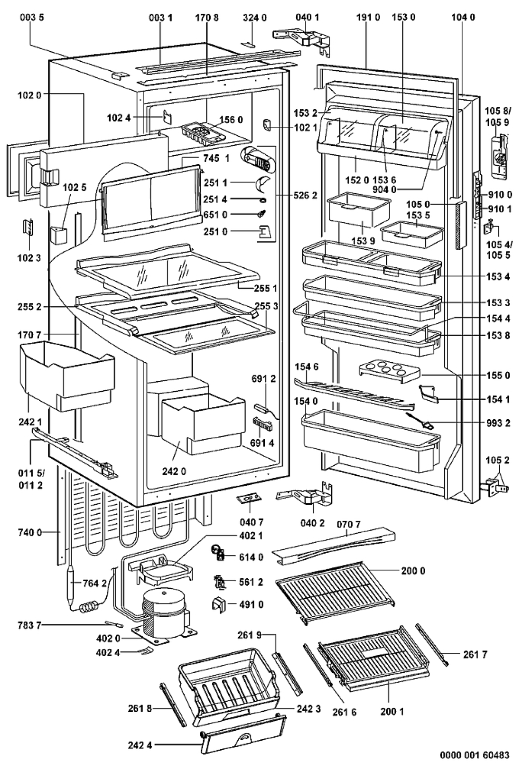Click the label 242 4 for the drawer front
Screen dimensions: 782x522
(x=140, y=745)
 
